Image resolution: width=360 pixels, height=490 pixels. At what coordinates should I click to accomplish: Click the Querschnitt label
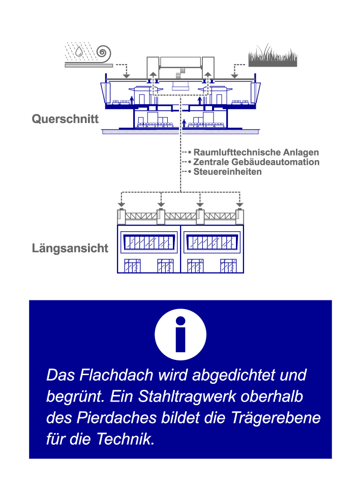(65, 119)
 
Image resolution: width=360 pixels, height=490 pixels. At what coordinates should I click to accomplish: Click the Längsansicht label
(70, 249)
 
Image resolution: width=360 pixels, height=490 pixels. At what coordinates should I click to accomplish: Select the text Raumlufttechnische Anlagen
(256, 152)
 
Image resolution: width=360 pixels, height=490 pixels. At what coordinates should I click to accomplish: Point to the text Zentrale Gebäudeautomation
(256, 162)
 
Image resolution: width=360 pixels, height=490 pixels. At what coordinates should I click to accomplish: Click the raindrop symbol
(80, 51)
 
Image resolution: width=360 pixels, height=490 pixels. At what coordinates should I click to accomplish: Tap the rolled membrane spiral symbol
(104, 52)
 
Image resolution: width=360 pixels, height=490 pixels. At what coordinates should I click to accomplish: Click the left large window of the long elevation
(149, 242)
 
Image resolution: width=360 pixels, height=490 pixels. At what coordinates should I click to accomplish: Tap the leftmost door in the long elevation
(133, 266)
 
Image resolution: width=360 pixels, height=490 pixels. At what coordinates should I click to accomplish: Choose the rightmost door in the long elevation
(228, 266)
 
